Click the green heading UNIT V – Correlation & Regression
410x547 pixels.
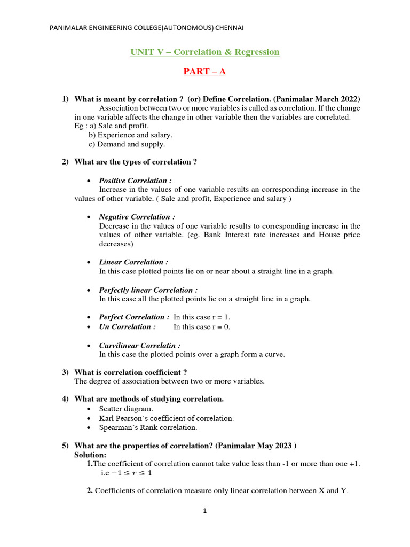[205, 52]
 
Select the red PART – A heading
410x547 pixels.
[205, 71]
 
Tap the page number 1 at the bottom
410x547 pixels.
[204, 511]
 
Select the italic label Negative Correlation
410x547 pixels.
[137, 217]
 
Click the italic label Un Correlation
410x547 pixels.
[128, 326]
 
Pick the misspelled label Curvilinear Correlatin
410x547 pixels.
[139, 346]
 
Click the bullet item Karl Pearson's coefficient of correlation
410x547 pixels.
[166, 418]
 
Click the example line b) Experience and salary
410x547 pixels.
[130, 135]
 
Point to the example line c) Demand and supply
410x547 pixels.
[127, 144]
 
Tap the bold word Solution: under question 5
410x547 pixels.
[90, 455]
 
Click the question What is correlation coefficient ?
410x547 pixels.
[131, 372]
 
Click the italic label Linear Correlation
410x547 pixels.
[133, 262]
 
